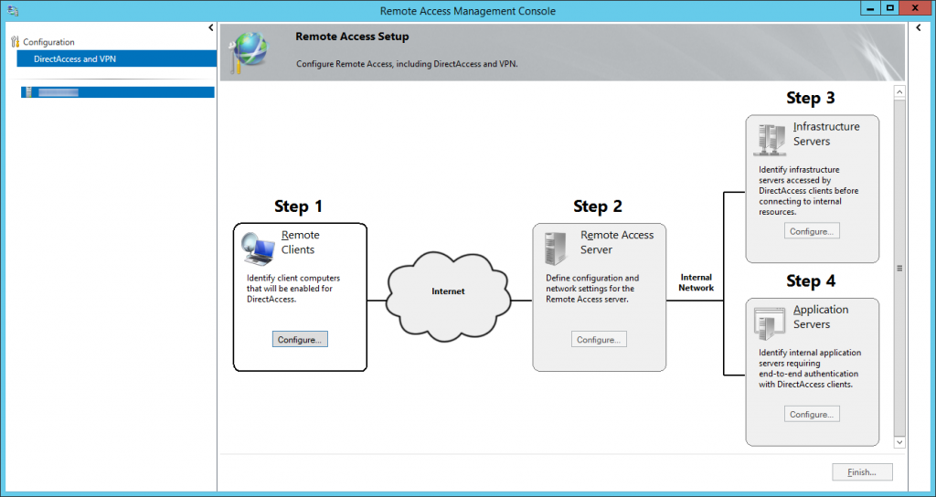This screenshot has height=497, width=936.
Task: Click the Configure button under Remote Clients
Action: pyautogui.click(x=300, y=339)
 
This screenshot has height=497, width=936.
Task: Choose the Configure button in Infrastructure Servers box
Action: pyautogui.click(x=811, y=231)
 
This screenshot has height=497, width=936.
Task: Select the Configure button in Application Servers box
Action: pyautogui.click(x=811, y=414)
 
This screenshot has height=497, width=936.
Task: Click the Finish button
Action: pyautogui.click(x=862, y=472)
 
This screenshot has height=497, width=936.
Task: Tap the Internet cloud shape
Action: pyautogui.click(x=448, y=291)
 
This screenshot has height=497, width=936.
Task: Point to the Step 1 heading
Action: pyautogui.click(x=298, y=206)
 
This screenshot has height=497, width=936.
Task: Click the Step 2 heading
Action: pyautogui.click(x=598, y=206)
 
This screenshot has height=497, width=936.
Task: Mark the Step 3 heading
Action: pyautogui.click(x=811, y=98)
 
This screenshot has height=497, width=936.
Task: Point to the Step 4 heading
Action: pyautogui.click(x=811, y=280)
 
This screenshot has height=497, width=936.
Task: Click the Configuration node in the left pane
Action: pyautogui.click(x=48, y=42)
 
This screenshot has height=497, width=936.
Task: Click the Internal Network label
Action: pyautogui.click(x=696, y=282)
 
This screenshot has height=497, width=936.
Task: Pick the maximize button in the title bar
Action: pyautogui.click(x=889, y=8)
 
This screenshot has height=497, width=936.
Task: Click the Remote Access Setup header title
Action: pyautogui.click(x=352, y=37)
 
